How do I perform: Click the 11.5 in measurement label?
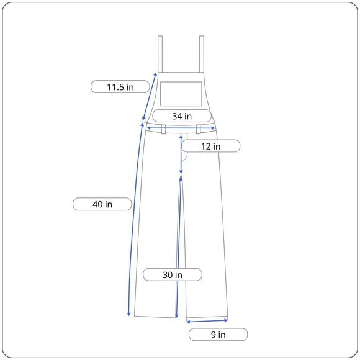pyautogui.click(x=120, y=87)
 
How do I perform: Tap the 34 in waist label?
pyautogui.click(x=182, y=116)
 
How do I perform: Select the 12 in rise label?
pyautogui.click(x=211, y=146)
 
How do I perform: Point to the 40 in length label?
pyautogui.click(x=102, y=204)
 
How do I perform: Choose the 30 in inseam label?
pyautogui.click(x=173, y=274)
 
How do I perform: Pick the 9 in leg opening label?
pyautogui.click(x=218, y=335)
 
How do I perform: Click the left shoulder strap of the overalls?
pyautogui.click(x=160, y=54)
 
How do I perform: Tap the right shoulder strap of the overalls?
pyautogui.click(x=202, y=54)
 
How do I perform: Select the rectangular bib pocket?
pyautogui.click(x=181, y=94)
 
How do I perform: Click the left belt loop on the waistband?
pyautogui.click(x=163, y=129)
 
